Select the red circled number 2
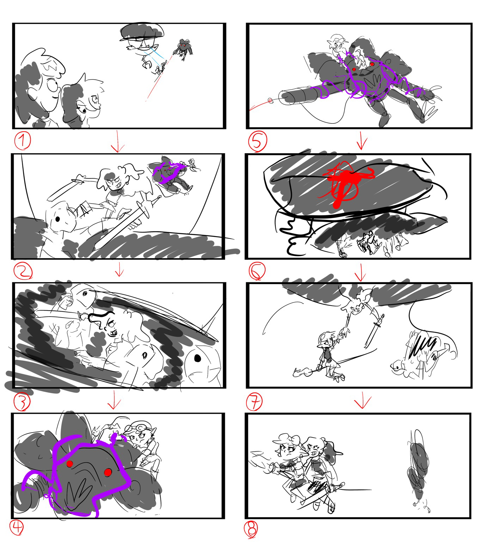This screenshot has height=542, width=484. pos(23,271)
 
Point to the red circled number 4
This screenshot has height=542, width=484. pos(17,528)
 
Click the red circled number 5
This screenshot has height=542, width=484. pos(257,142)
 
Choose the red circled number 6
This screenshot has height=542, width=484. pos(257,271)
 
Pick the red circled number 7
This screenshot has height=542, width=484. pos(254,401)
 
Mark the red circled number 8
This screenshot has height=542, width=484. pos(251,529)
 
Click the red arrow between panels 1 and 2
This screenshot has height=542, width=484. pos(118,142)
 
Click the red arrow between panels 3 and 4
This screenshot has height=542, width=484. pos(114,400)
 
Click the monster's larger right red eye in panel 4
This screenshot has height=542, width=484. pos(108,472)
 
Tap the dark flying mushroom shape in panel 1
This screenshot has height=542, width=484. pos(142,31)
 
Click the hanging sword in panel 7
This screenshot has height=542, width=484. pos(375,331)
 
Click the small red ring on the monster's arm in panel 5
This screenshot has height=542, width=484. pos(270,101)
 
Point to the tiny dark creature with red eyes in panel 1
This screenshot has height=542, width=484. pos(183,49)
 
